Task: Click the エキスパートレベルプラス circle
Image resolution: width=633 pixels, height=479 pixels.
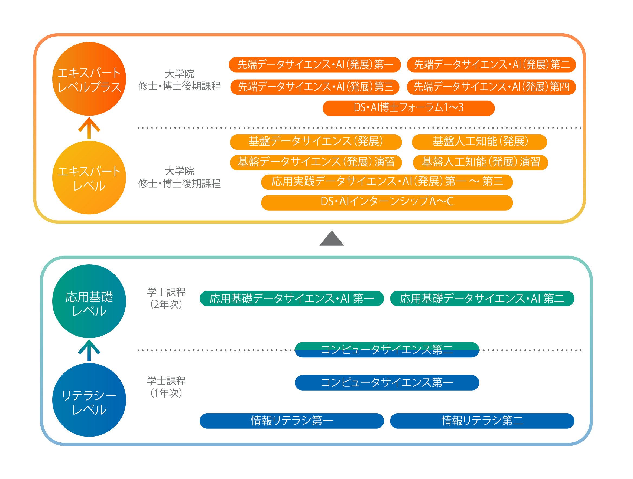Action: coord(89,79)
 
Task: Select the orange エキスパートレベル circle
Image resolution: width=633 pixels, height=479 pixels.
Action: coord(89,178)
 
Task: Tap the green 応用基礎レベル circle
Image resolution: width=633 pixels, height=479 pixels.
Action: coord(89,301)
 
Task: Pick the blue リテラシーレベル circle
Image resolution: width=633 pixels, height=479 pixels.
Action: coord(89,400)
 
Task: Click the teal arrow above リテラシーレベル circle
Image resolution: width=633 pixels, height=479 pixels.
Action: coord(89,350)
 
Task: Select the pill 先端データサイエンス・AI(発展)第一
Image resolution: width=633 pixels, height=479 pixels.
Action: coord(314,65)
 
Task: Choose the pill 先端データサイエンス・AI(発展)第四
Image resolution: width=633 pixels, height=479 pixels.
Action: coord(491,87)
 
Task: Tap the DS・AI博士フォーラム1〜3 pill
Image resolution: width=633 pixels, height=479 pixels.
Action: coord(408,108)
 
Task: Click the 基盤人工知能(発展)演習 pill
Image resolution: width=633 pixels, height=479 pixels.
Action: coord(480,162)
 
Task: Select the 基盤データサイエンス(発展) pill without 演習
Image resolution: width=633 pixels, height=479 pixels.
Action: coord(316,142)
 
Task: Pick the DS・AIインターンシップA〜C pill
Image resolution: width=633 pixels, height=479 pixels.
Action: coord(387,202)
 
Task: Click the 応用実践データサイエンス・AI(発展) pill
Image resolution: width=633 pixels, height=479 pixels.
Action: coord(387,182)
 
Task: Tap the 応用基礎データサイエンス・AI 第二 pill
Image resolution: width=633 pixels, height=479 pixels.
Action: coord(482,298)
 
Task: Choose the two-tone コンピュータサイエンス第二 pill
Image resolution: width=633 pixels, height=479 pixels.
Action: coord(387,350)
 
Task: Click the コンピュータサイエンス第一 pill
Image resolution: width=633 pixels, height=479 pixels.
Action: coord(387,383)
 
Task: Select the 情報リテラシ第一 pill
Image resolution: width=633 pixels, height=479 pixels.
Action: coord(292,421)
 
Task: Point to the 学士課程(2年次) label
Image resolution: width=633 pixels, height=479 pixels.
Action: coord(166,298)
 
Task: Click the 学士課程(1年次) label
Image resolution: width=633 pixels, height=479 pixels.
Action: coord(166,387)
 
